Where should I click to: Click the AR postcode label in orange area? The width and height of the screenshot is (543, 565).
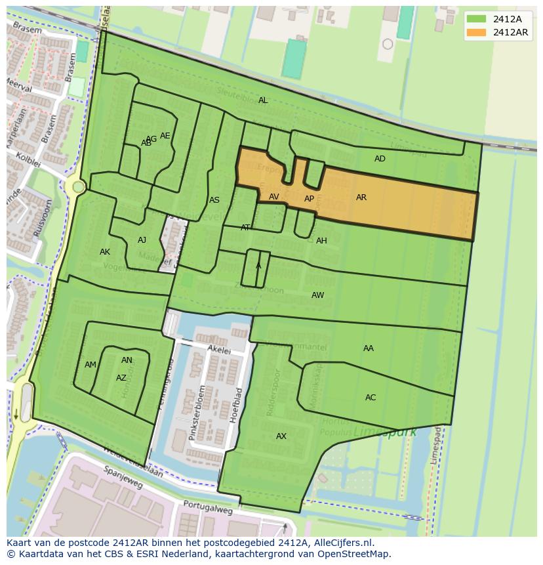click(x=361, y=198)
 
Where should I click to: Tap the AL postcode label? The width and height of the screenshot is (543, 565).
click(x=263, y=100)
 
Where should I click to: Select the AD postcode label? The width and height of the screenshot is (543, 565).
click(x=380, y=159)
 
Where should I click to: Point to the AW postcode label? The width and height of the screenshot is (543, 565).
click(x=317, y=295)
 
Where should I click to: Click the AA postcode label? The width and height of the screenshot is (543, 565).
click(x=369, y=348)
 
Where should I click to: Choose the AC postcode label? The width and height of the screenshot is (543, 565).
click(x=371, y=398)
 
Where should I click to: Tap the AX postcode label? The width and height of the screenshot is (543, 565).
click(x=281, y=436)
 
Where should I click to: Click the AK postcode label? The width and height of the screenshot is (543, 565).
click(x=105, y=252)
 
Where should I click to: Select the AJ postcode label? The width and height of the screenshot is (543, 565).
click(x=142, y=240)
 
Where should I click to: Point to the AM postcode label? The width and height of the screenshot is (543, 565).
click(x=90, y=365)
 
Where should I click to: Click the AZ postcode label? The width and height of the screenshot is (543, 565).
click(x=121, y=378)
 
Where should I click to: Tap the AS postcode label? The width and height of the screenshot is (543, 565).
click(x=214, y=200)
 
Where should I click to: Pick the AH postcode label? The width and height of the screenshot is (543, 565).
click(x=321, y=241)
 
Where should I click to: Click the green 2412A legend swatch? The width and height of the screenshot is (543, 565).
click(x=477, y=19)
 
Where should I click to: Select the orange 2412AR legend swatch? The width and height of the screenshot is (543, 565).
click(x=477, y=32)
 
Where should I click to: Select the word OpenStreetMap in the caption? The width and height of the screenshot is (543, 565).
click(x=357, y=554)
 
